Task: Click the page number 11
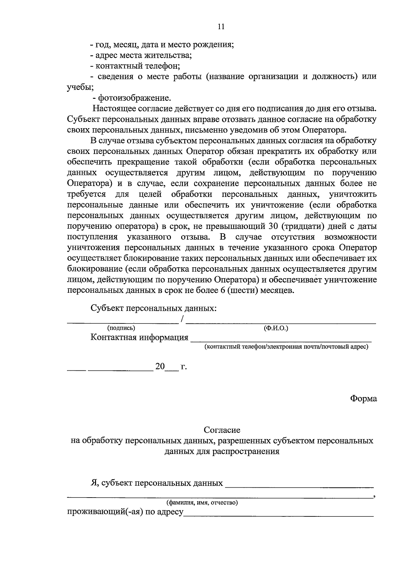(221, 27)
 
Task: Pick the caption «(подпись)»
(121, 328)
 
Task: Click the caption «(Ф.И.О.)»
(276, 328)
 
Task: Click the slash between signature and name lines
(182, 319)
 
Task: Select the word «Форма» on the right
(363, 399)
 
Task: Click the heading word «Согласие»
(222, 430)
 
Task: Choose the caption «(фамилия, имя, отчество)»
(202, 503)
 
